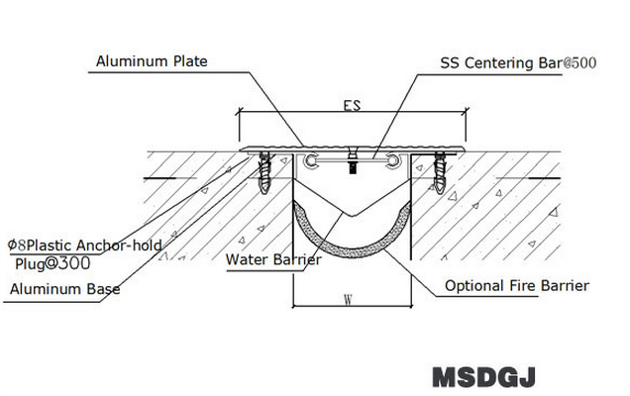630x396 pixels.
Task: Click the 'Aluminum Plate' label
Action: click(x=152, y=61)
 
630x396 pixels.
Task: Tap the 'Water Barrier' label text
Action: click(x=273, y=260)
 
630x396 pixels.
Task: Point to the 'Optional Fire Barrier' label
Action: click(x=517, y=286)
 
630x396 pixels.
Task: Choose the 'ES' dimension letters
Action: click(x=352, y=104)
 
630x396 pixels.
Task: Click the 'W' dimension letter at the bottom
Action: click(x=349, y=297)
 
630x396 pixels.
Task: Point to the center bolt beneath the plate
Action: click(x=352, y=164)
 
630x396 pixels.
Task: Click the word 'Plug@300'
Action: click(x=53, y=264)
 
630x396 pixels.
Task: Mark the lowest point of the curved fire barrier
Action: click(x=351, y=255)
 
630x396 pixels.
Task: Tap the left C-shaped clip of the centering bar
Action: click(x=312, y=159)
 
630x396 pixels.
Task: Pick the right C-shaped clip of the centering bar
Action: click(x=394, y=159)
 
